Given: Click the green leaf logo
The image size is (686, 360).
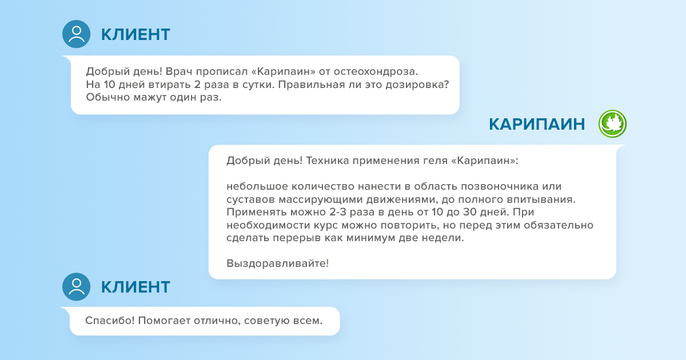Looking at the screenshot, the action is coord(612,123).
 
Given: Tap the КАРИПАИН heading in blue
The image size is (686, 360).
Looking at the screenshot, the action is coord(537,125).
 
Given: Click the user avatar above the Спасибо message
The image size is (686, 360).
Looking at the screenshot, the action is coord(76,286).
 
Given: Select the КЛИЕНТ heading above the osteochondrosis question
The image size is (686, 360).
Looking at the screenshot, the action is coord(135,34).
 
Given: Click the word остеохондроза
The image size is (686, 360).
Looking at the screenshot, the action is coord(376,71).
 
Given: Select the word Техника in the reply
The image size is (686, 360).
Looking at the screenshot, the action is coord(328,161).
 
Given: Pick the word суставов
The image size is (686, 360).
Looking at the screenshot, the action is coord(250,199).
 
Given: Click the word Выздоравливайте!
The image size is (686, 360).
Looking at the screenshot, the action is coord(277,263).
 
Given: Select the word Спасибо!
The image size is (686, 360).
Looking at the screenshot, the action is coord(110,321).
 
